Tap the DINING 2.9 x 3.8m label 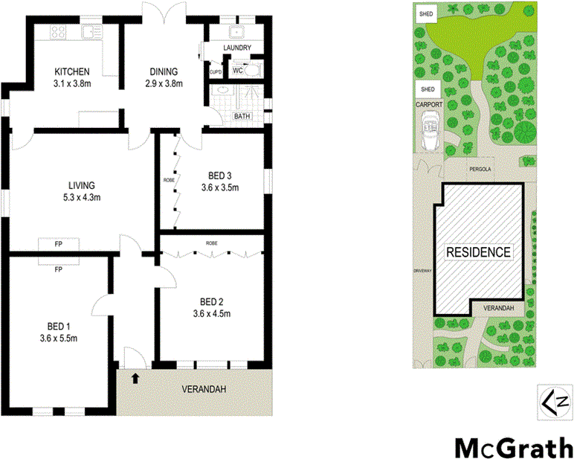tap(163, 77)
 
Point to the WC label tap(238, 71)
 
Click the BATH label tap(242, 116)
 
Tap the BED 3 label tap(219, 182)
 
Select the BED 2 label tap(211, 306)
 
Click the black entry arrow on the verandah tap(135, 379)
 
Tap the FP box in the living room tap(58, 243)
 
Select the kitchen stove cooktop tap(58, 32)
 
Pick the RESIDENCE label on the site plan tap(478, 252)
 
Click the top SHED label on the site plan tap(426, 13)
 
